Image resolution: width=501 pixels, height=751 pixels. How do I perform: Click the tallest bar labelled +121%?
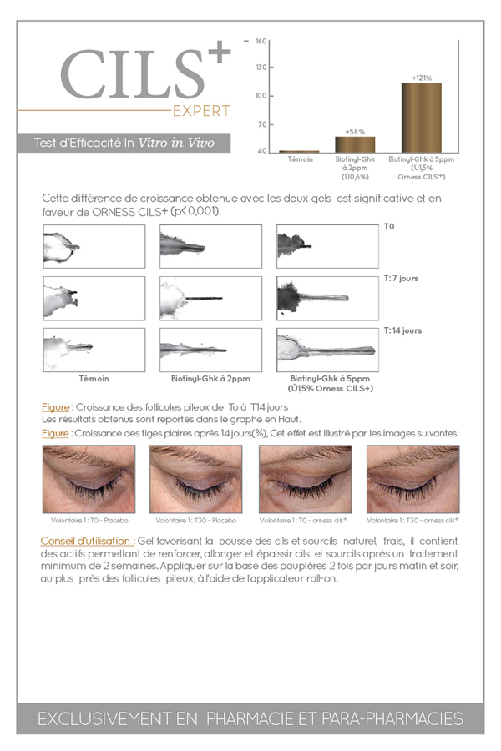(422, 118)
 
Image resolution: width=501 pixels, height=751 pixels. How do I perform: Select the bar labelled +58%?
(355, 144)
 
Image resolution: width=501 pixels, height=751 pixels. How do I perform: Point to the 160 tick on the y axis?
(261, 41)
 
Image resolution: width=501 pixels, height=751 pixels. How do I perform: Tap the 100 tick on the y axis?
(261, 96)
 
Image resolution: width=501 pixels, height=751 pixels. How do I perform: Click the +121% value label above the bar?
(422, 78)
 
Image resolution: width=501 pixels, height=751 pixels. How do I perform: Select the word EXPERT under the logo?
(201, 111)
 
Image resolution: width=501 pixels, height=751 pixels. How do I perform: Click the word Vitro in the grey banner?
(153, 142)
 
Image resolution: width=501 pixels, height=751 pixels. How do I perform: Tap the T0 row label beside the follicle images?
(389, 226)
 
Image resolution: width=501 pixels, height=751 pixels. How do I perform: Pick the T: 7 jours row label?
(401, 278)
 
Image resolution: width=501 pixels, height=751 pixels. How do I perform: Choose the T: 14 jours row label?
(402, 330)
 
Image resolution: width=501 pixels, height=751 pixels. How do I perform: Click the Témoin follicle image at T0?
(94, 246)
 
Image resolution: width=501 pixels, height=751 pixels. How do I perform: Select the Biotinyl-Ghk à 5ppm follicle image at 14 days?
(327, 350)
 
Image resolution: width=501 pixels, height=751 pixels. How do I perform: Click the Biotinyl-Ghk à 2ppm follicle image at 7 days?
(211, 299)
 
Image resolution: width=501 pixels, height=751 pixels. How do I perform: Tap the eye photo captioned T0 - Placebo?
(89, 479)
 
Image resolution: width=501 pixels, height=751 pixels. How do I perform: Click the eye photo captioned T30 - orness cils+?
(412, 479)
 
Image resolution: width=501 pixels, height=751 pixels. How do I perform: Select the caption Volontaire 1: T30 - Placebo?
(195, 520)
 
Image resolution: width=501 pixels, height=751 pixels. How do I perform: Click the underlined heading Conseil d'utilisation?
(88, 541)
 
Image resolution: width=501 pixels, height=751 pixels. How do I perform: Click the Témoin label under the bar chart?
(300, 159)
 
